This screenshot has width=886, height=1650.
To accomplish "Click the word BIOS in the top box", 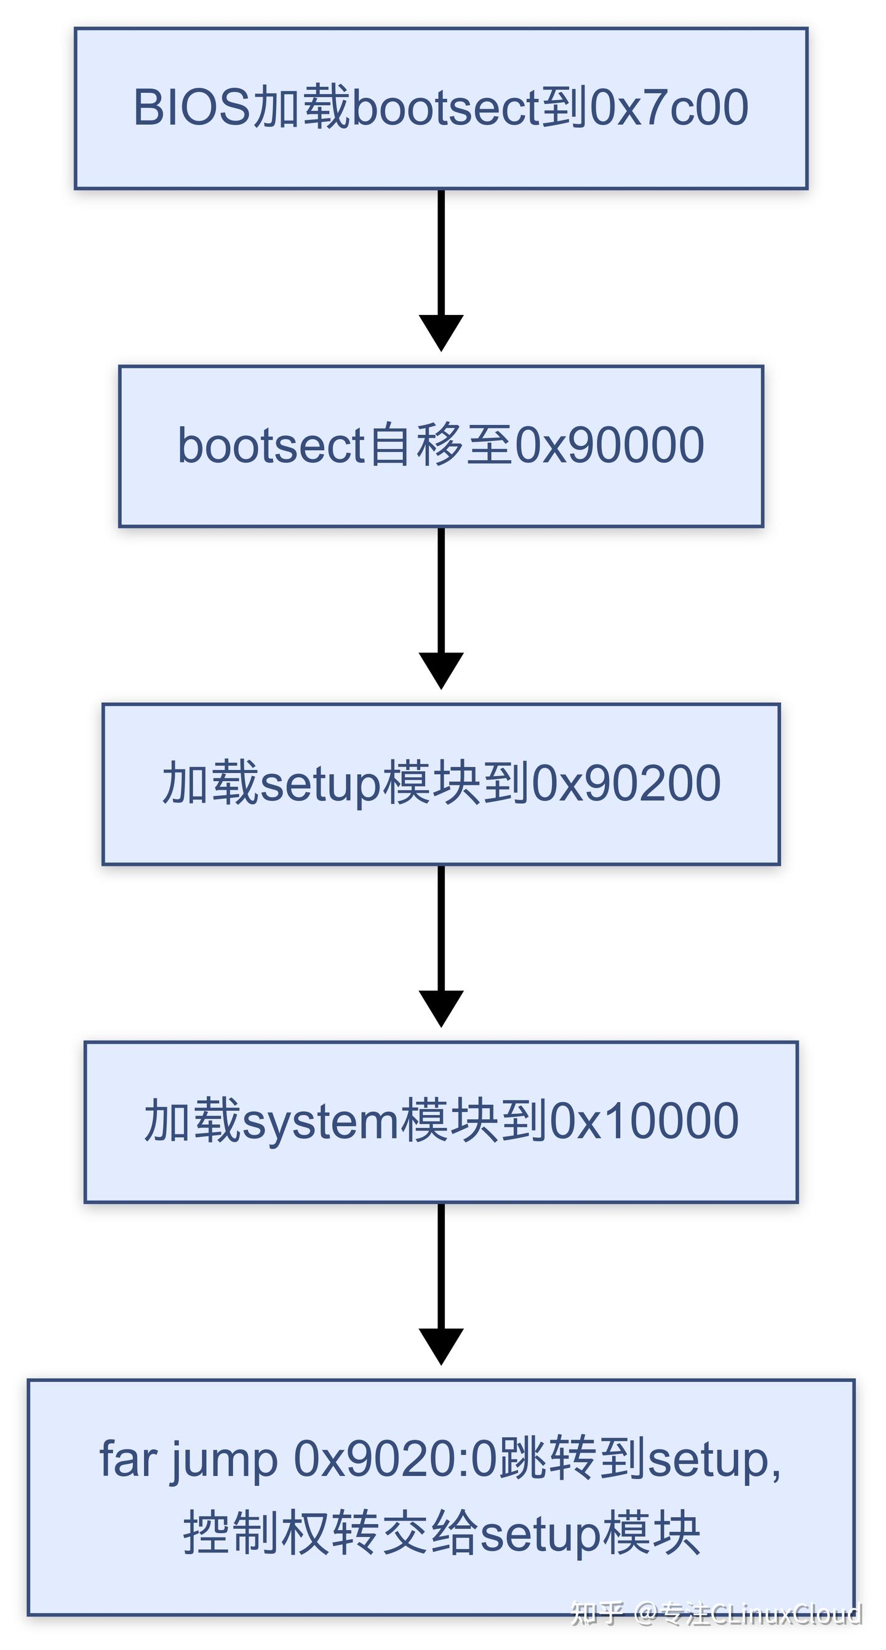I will (x=191, y=108).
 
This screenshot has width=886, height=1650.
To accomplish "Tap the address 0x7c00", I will (x=669, y=108).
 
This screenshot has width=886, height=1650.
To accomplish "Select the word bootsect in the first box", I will (x=445, y=108).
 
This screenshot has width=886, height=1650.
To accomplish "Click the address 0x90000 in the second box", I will (x=610, y=446).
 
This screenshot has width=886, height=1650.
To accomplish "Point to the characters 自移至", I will (x=442, y=446).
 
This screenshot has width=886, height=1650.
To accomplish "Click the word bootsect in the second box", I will (x=271, y=446).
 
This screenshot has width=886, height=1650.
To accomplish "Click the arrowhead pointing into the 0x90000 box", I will (x=441, y=332).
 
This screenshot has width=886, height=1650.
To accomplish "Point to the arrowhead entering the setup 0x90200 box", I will (x=441, y=670).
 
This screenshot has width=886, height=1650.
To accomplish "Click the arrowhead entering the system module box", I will (x=441, y=1008).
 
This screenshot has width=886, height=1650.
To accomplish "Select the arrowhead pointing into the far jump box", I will (x=441, y=1345).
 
